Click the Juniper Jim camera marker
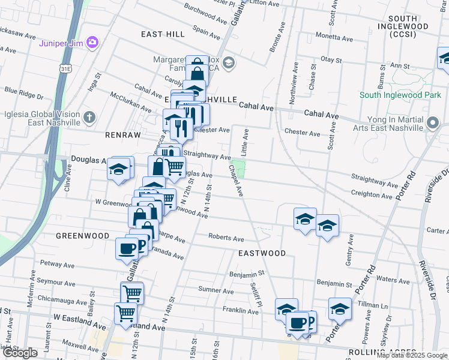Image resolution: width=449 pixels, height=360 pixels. point(92,41)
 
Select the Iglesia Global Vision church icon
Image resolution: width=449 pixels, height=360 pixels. point(89,116)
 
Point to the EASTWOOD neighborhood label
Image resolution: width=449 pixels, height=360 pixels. point(262,253)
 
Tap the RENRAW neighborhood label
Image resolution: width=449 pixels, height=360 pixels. point(122,136)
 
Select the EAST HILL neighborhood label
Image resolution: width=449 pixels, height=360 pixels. point(163,34)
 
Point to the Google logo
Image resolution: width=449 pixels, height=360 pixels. point(20,353)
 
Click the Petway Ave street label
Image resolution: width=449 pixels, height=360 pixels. point(56,265)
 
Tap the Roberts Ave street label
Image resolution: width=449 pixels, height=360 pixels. point(226,238)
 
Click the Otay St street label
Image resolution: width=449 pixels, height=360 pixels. point(331,60)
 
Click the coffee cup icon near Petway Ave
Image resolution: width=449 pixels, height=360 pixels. point(127,248)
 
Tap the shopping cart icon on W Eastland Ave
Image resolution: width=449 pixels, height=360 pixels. point(125,312)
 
